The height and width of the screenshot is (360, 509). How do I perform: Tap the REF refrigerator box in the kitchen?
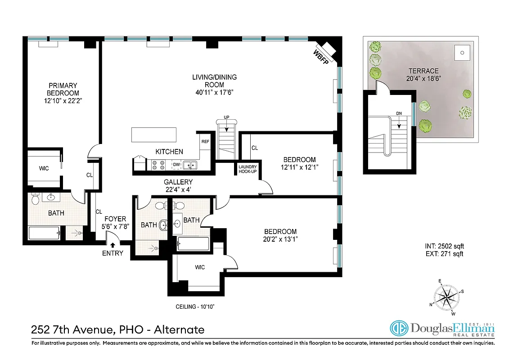point(205,141)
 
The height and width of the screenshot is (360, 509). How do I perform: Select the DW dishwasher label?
point(176,165)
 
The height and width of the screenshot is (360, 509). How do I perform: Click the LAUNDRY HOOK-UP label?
point(247,169)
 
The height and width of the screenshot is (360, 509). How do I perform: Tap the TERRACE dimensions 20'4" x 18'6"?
point(423,78)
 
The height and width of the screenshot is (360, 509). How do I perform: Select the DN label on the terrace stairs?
point(399,113)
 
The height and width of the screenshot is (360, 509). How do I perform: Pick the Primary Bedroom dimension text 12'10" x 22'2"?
point(63,101)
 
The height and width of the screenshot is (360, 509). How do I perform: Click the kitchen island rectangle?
point(154,135)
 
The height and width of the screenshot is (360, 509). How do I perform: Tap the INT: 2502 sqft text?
point(444,246)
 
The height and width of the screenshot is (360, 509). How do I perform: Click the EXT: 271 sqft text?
point(444,254)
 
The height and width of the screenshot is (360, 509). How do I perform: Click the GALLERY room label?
point(178,182)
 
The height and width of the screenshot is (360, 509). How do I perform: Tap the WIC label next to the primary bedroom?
point(44,168)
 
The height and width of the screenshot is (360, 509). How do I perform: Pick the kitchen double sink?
point(191,165)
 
